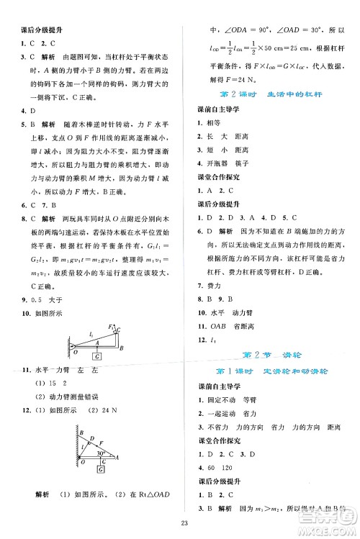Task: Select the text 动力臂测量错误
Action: click(66, 397)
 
